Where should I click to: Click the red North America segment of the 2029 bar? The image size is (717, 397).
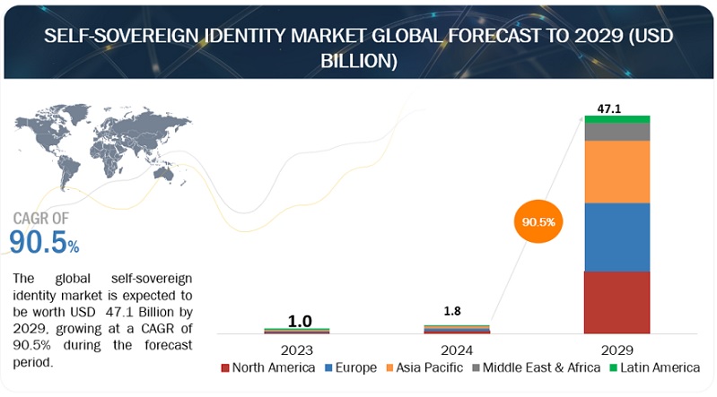point(616,302)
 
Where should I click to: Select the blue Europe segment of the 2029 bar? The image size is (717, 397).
point(616,237)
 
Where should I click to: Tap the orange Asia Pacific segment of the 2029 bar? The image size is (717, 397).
point(616,171)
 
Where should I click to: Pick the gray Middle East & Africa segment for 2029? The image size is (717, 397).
point(616,132)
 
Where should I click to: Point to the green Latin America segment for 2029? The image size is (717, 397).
point(616,119)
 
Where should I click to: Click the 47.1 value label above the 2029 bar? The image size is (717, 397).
point(611,108)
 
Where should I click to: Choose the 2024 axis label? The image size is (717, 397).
point(457,350)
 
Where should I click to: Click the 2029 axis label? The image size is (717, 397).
point(616,350)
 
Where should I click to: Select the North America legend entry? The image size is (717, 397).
point(273,367)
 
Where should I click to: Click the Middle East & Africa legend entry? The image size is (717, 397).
point(537,367)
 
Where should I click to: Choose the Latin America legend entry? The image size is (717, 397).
point(654,367)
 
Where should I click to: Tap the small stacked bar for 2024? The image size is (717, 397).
point(457,329)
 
